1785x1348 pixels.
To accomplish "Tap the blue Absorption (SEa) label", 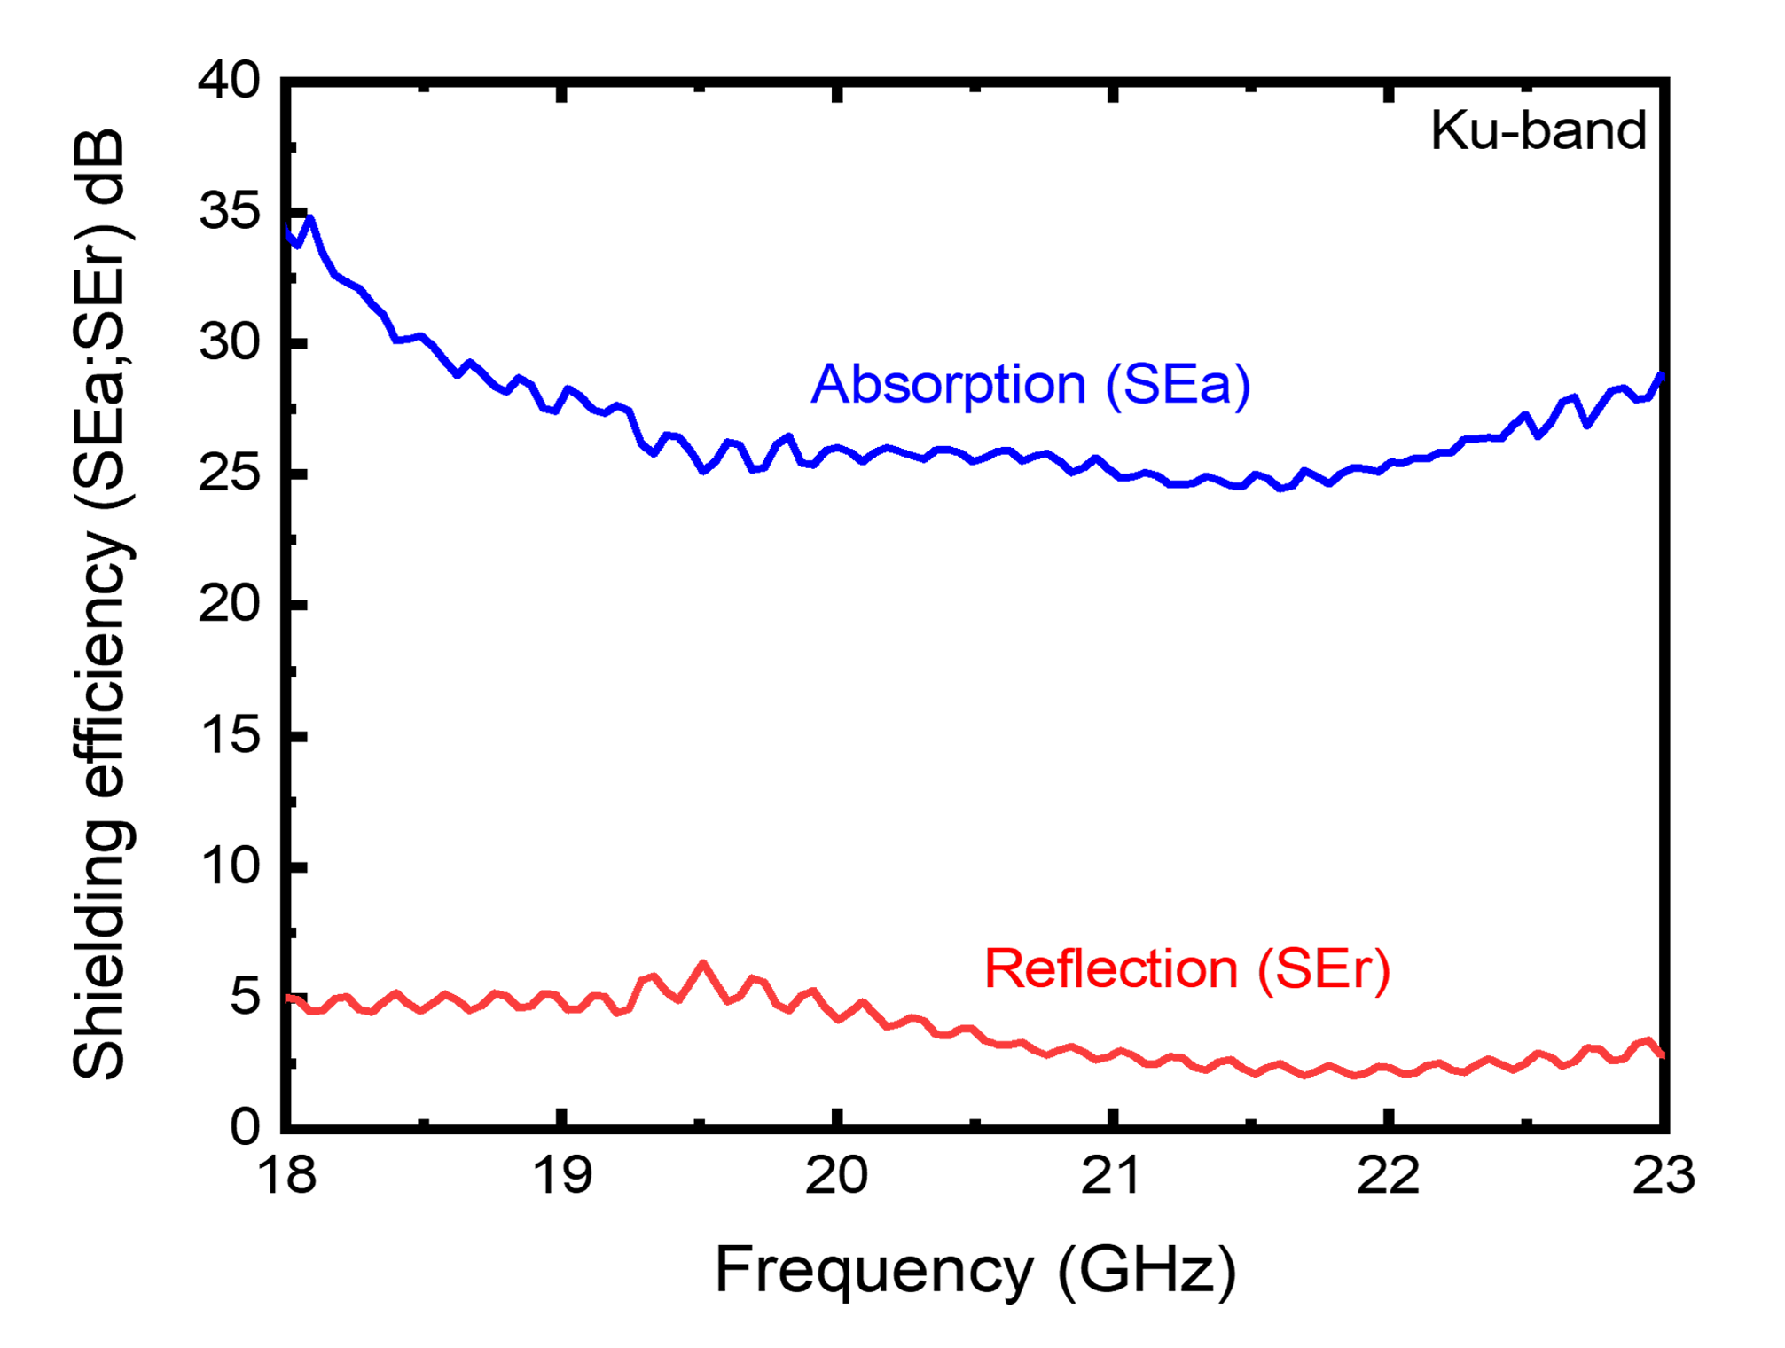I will (1030, 385).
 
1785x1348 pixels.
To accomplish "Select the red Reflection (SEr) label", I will (1186, 968).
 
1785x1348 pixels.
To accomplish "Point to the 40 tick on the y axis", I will (229, 81).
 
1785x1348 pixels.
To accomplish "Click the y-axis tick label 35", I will (229, 212).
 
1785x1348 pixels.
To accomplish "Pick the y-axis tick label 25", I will (229, 474).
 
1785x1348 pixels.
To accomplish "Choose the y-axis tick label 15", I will (229, 736).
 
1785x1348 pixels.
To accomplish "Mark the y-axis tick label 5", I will (245, 998).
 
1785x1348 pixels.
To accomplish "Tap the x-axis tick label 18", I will (286, 1176).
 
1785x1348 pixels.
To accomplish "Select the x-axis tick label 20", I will (835, 1176).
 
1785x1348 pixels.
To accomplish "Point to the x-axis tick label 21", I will (1110, 1176).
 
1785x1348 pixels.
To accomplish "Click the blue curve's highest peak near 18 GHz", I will (309, 218).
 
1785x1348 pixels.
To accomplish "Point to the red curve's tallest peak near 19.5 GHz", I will (703, 963).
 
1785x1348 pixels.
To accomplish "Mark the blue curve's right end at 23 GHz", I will (1661, 375).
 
